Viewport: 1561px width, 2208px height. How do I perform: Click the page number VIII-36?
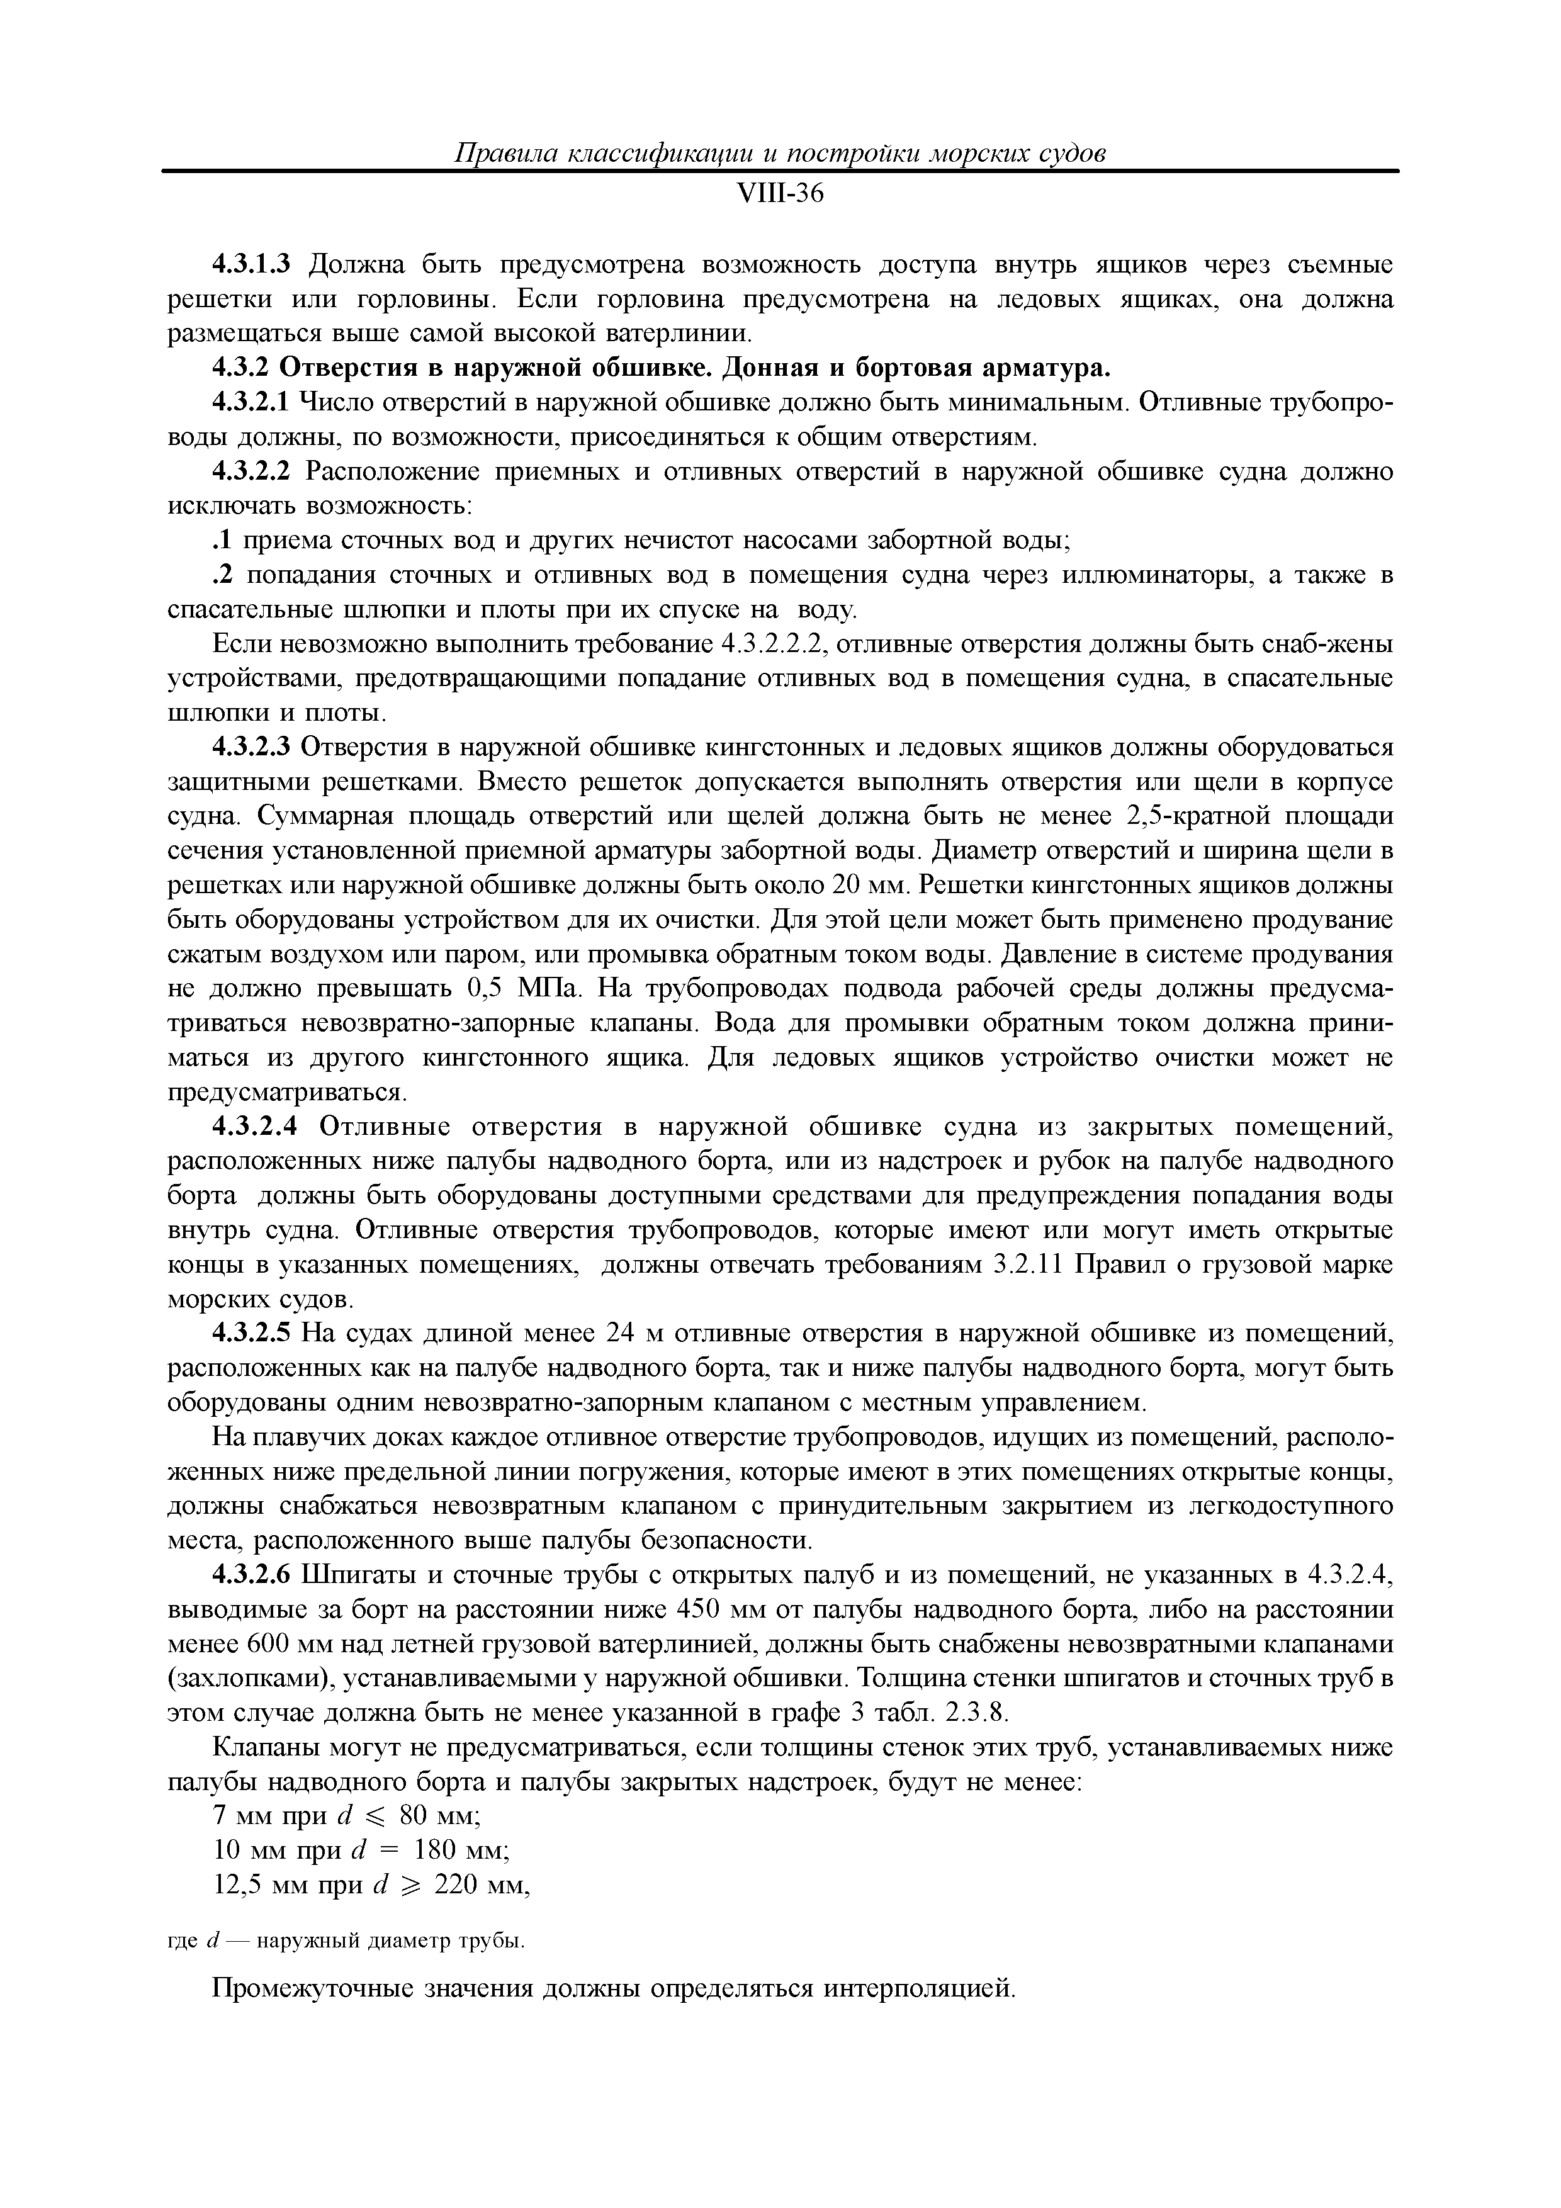[x=779, y=194]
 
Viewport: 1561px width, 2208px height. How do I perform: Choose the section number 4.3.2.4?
[x=256, y=1127]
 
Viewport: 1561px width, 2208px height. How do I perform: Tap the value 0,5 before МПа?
[x=486, y=989]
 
